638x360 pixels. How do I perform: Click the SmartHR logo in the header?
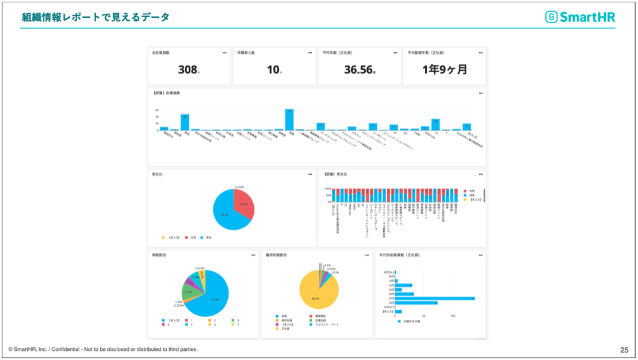(579, 17)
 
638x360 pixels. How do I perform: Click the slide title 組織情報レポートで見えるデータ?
(95, 17)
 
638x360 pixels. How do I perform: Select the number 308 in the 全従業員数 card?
(188, 70)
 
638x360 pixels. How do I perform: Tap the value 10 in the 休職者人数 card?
(273, 70)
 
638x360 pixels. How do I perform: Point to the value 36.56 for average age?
(357, 70)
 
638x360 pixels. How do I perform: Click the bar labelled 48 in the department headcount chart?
(185, 122)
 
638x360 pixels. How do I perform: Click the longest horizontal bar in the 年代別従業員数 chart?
(434, 298)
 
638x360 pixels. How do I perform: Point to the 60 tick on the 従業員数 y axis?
(156, 110)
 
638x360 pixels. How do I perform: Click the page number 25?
(624, 349)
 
